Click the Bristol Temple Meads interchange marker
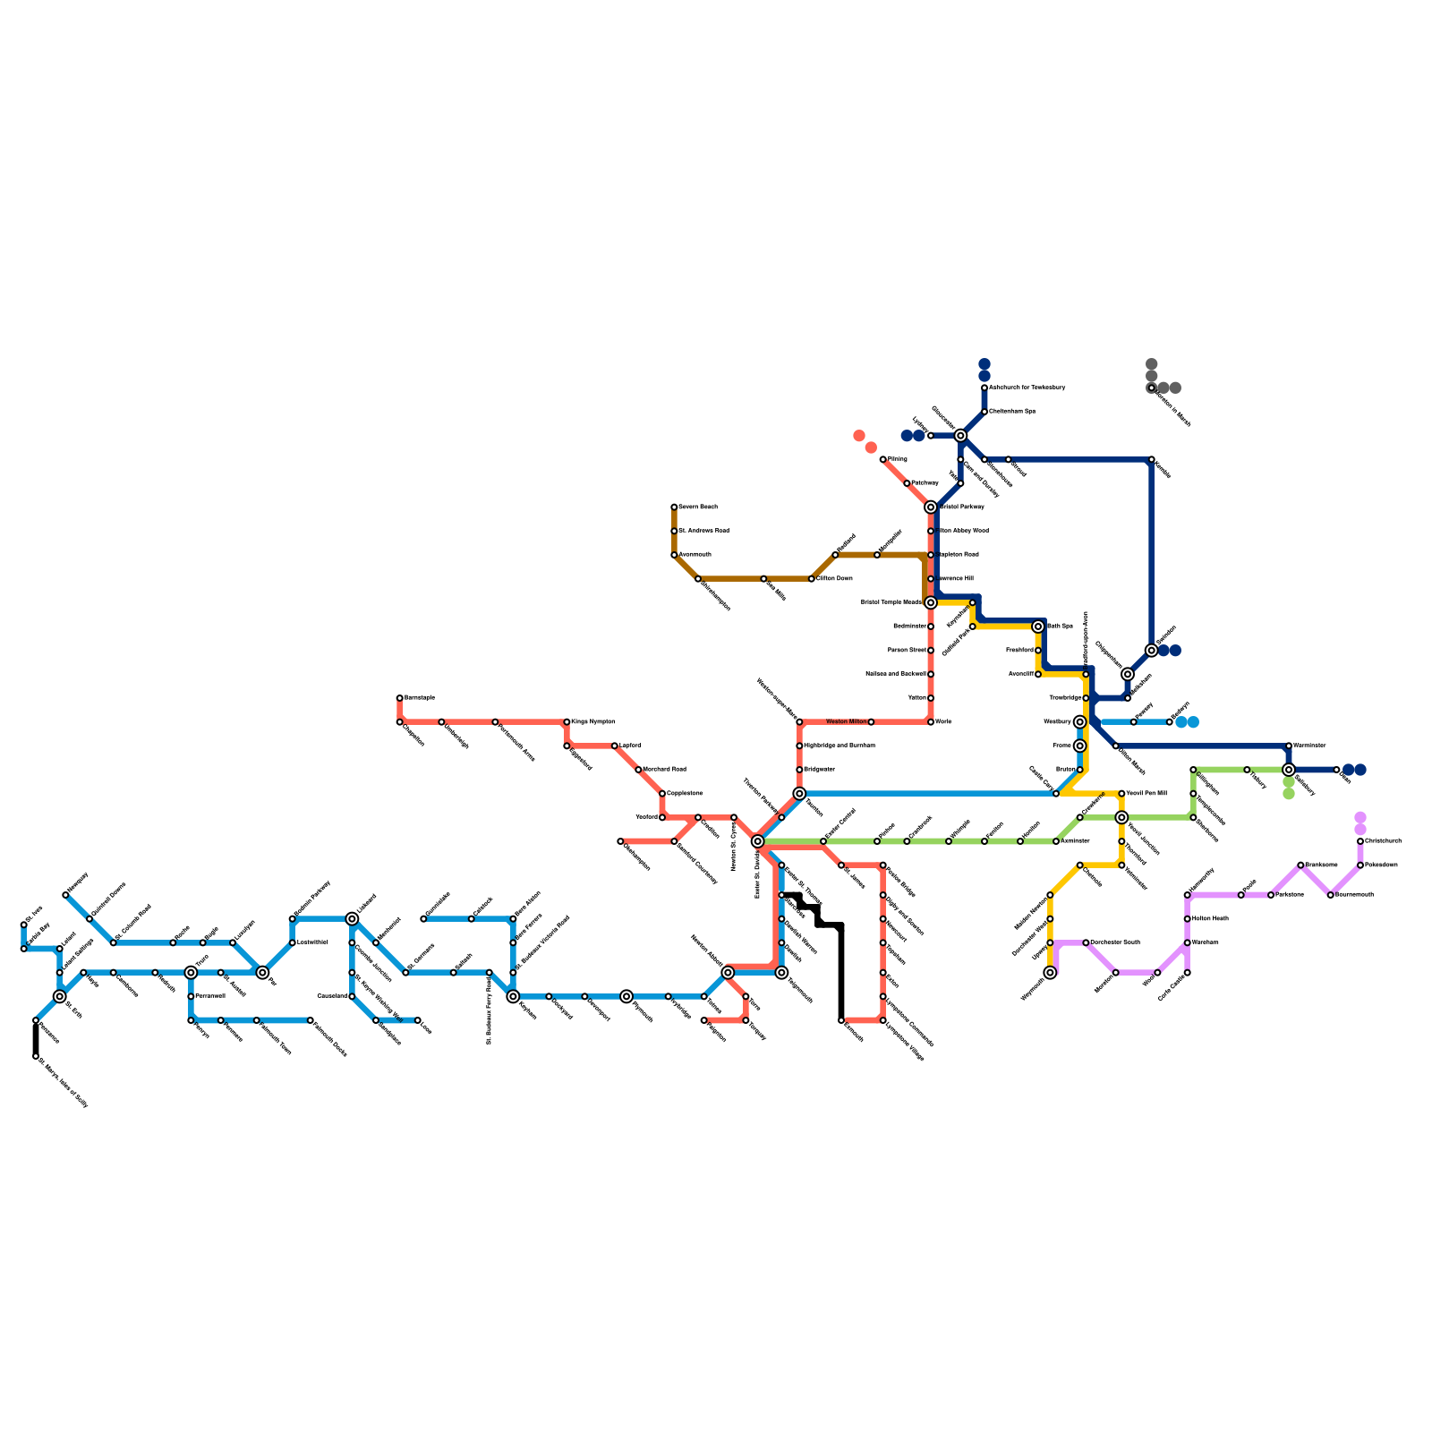point(931,602)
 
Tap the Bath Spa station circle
point(1038,626)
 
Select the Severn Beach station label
point(698,507)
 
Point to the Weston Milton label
point(846,721)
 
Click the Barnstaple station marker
point(400,698)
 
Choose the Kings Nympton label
point(593,721)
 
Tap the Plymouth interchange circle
point(626,996)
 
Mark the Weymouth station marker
point(1050,973)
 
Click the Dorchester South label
point(1115,942)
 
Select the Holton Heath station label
point(1208,918)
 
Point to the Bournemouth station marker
point(1331,895)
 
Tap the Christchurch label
point(1383,841)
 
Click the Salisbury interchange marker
point(1289,770)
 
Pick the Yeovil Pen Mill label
point(1146,793)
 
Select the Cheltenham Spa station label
point(1012,412)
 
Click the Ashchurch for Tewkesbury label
point(1027,388)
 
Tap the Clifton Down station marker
point(812,579)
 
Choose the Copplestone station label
point(685,793)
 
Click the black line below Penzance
point(36,1038)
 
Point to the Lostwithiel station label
point(312,942)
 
